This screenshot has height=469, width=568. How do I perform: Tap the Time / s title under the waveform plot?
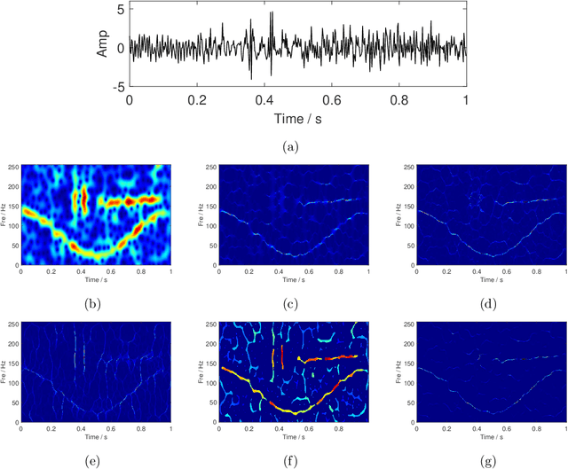coord(297,118)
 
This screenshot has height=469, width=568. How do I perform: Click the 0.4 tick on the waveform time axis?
coord(264,100)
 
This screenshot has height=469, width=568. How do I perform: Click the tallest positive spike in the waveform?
coord(272,13)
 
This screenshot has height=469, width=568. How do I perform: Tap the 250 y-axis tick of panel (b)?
coord(13,166)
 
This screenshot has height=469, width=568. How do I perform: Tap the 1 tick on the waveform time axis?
coord(466,100)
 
